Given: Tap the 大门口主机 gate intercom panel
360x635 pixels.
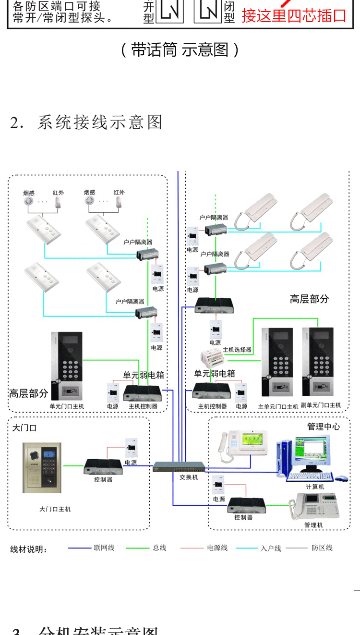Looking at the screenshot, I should click(x=42, y=467).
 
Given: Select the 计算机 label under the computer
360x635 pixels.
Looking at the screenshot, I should click(x=315, y=487).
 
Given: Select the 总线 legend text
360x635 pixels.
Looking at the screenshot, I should click(x=159, y=548).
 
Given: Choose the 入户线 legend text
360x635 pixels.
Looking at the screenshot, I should click(x=271, y=548).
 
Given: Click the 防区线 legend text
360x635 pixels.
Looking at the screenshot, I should click(x=322, y=548).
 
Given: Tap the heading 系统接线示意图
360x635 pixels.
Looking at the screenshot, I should click(x=100, y=122).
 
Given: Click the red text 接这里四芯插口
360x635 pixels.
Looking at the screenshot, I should click(x=294, y=15).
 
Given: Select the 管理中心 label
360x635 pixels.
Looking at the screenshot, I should click(x=324, y=426).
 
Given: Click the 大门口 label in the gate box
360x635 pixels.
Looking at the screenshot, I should click(x=24, y=428).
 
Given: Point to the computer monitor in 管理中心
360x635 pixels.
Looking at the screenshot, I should click(x=312, y=452).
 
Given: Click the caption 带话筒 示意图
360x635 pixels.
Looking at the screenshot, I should click(x=180, y=50).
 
